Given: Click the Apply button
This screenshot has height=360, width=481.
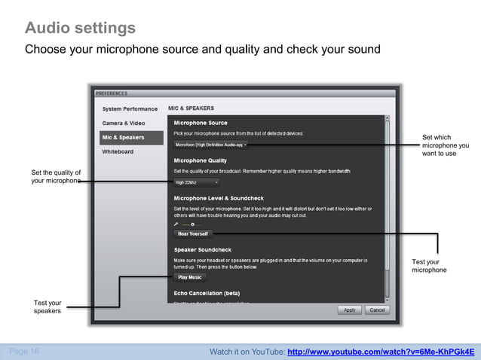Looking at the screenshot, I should pyautogui.click(x=350, y=310).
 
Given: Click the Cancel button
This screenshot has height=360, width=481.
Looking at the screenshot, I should pyautogui.click(x=377, y=310).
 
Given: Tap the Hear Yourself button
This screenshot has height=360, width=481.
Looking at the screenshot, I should pyautogui.click(x=192, y=233).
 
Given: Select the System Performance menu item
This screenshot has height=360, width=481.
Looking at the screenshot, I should pyautogui.click(x=130, y=109).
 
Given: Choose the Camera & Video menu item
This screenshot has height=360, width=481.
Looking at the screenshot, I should pyautogui.click(x=124, y=123).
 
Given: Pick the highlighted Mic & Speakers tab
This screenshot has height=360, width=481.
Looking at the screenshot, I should pyautogui.click(x=124, y=137).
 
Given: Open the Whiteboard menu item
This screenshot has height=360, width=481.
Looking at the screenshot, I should pyautogui.click(x=118, y=151).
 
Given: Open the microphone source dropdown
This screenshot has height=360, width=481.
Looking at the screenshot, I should pyautogui.click(x=210, y=144).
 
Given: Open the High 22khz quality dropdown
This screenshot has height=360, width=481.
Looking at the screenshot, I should pyautogui.click(x=196, y=182).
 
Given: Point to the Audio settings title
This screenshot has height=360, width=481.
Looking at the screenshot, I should pyautogui.click(x=80, y=29).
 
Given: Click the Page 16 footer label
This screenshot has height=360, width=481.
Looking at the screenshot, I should pyautogui.click(x=24, y=351).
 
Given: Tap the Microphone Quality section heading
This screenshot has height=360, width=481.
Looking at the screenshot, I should pyautogui.click(x=200, y=160).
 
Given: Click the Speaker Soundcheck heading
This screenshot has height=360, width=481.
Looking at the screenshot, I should pyautogui.click(x=202, y=249).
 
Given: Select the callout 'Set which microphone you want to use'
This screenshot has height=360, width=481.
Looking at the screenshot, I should pyautogui.click(x=445, y=145).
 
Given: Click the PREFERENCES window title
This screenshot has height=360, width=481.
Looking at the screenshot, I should pyautogui.click(x=112, y=93).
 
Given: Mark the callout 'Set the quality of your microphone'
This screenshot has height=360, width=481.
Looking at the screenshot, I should pyautogui.click(x=55, y=177).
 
